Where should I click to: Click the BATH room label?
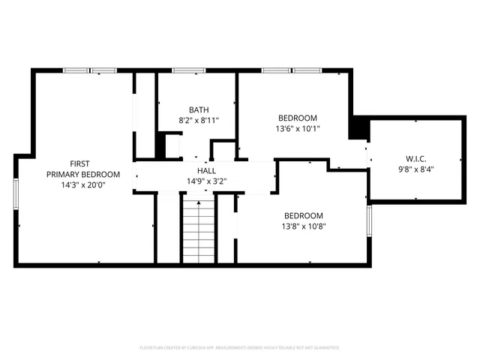coord(199,109)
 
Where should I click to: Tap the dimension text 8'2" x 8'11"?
coord(199,120)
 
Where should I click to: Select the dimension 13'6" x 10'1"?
coord(298,129)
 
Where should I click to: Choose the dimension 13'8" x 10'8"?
coord(303,225)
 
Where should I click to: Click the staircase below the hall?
coord(199,228)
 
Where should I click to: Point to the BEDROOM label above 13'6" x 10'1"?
coord(298,118)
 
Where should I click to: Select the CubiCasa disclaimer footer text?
coord(239,348)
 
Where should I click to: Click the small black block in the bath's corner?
coord(160,145)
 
